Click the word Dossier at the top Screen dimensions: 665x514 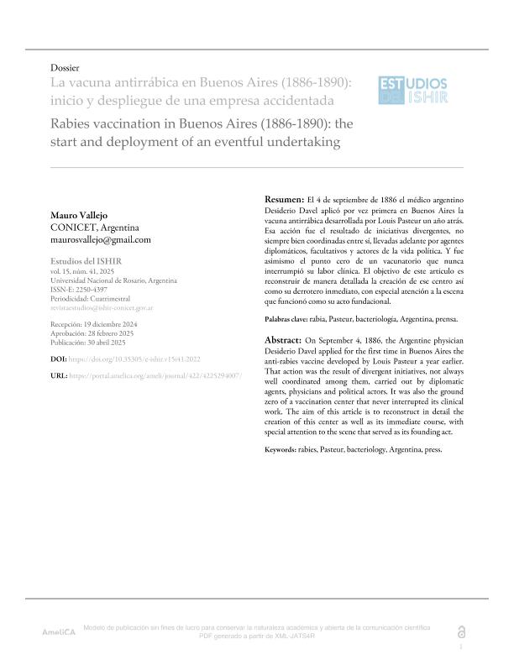pyautogui.click(x=66, y=66)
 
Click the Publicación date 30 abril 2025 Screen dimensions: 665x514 pyautogui.click(x=97, y=342)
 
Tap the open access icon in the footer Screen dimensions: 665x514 pyautogui.click(x=460, y=631)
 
